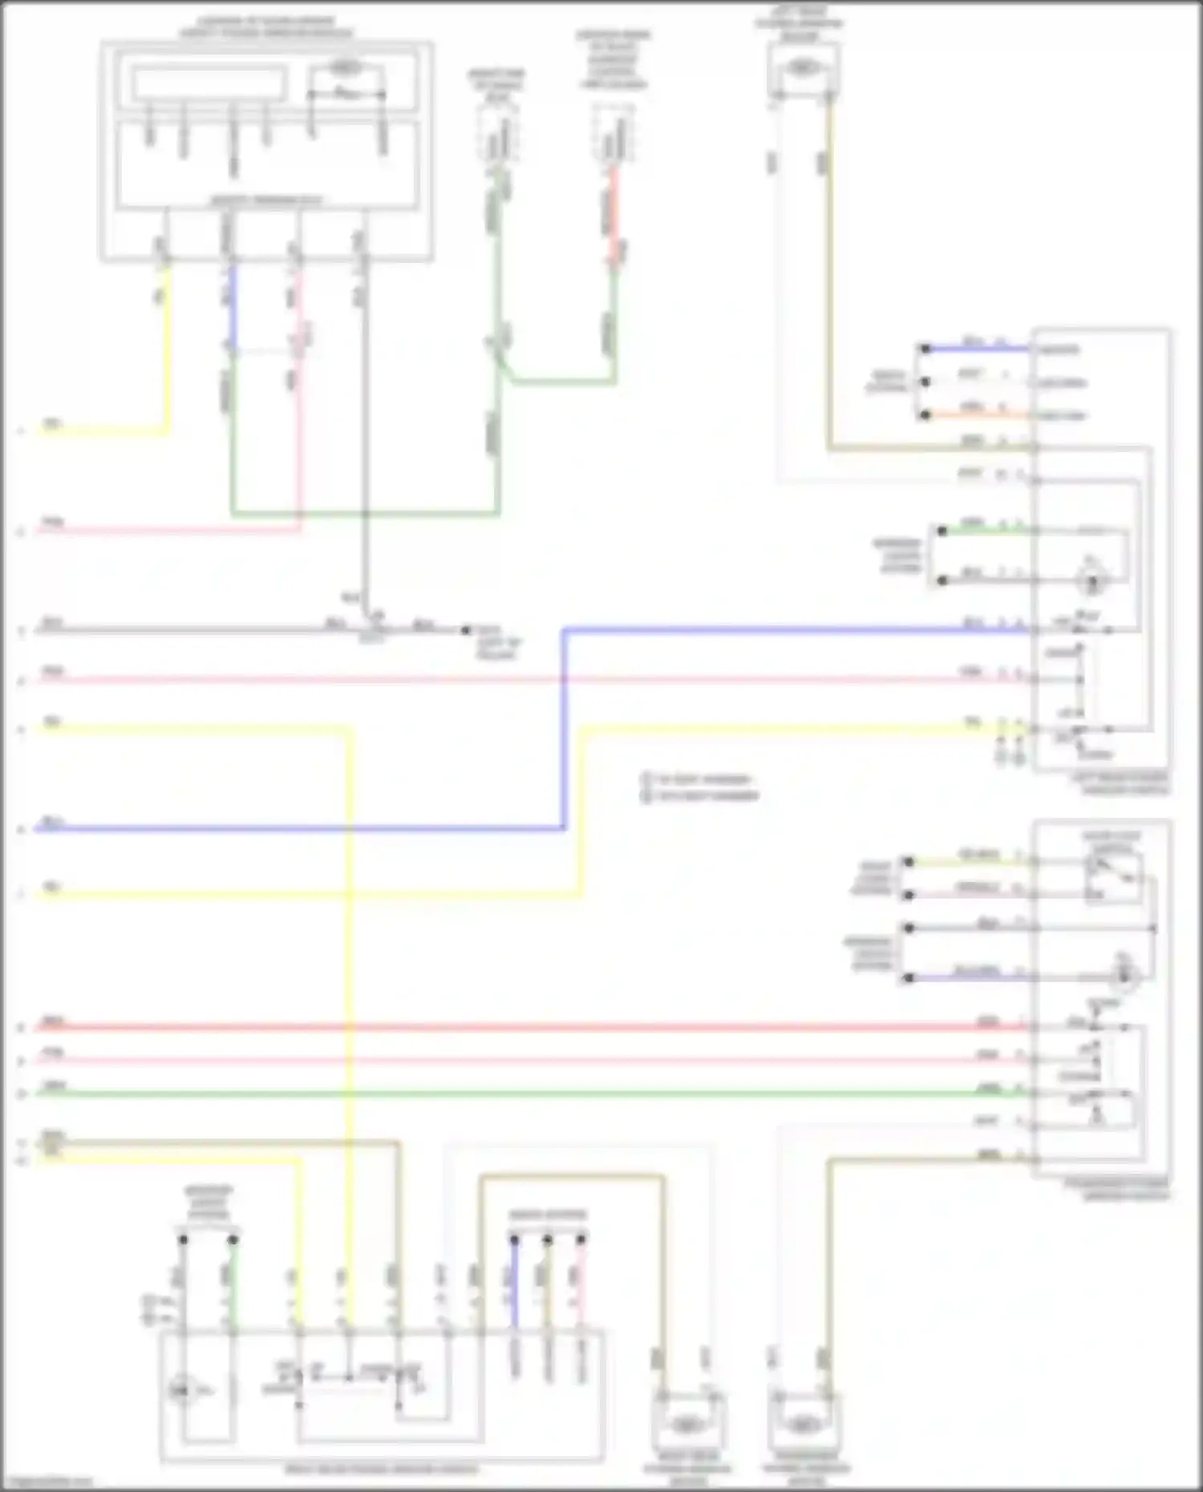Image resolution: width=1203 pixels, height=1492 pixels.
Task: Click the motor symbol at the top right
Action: (x=802, y=69)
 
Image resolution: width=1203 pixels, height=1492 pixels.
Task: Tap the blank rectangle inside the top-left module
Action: (x=209, y=83)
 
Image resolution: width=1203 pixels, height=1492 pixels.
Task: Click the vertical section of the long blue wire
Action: (x=564, y=730)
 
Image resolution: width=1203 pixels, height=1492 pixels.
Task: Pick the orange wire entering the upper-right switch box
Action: (x=978, y=415)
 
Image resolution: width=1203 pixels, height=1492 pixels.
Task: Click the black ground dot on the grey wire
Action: (x=465, y=630)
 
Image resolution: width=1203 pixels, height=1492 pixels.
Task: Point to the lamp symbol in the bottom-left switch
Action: (x=181, y=1391)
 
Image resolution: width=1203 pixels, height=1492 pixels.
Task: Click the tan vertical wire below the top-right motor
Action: (x=830, y=281)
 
